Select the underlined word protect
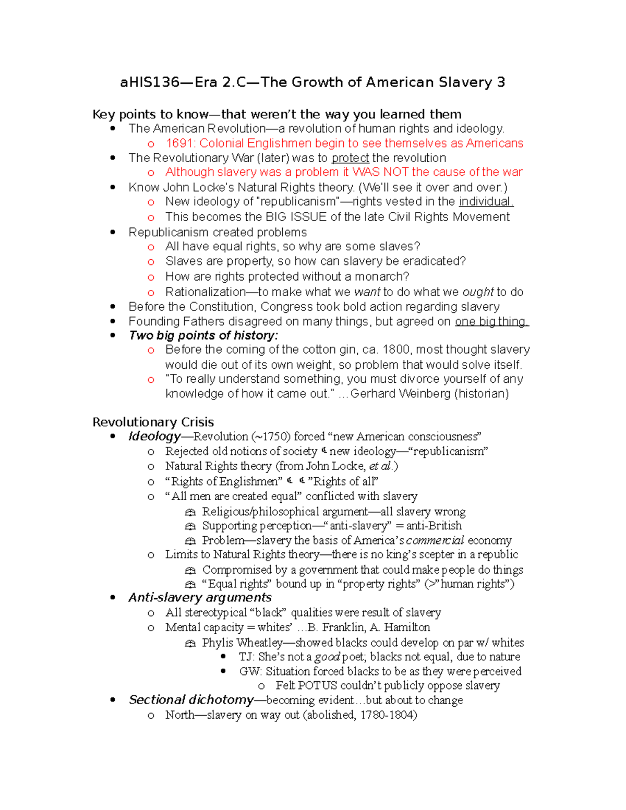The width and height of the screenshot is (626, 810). (x=350, y=158)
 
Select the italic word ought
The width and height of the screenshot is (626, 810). (x=478, y=292)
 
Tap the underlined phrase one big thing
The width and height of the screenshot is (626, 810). (x=491, y=322)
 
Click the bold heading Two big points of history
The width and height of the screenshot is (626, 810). (x=203, y=335)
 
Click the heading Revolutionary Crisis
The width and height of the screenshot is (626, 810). (x=153, y=422)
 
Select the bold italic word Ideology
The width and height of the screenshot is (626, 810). (x=154, y=437)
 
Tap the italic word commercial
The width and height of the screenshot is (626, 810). (x=435, y=540)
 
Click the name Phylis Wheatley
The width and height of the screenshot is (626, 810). (x=242, y=643)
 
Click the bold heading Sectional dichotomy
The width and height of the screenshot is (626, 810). (x=191, y=700)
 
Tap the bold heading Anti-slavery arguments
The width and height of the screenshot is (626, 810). (x=200, y=598)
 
